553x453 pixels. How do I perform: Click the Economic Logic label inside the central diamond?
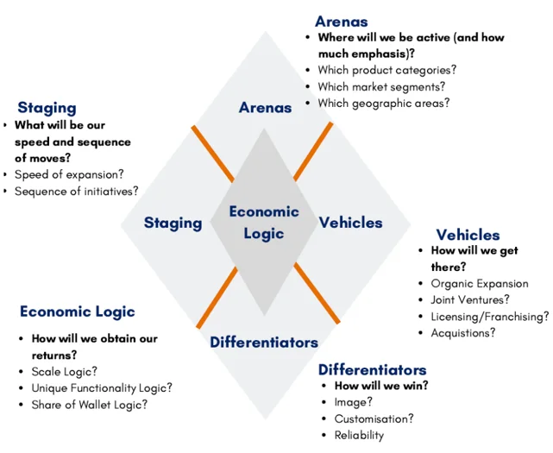(264, 223)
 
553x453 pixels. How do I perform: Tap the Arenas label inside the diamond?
(265, 108)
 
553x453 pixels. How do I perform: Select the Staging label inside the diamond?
(173, 223)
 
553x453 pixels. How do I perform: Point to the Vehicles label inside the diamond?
(350, 223)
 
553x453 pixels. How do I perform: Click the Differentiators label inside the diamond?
(264, 343)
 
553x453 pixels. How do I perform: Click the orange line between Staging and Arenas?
(213, 154)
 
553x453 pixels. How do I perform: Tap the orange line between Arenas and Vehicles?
(313, 151)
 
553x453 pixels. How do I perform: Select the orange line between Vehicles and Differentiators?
(317, 293)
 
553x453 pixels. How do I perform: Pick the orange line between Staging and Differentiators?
(217, 298)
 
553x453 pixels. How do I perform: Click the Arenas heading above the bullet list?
(342, 22)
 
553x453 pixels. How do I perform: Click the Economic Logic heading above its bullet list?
(78, 311)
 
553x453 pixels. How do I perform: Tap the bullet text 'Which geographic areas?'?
(384, 103)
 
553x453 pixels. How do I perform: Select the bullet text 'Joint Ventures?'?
(470, 300)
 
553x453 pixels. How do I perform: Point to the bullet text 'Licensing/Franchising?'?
(490, 317)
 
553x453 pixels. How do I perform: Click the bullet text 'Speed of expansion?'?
(69, 174)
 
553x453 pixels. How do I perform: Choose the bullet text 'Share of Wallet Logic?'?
(90, 405)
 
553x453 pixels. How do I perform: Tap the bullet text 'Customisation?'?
(374, 418)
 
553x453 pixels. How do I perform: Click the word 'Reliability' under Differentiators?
(359, 436)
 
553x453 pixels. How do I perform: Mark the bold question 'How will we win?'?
(381, 386)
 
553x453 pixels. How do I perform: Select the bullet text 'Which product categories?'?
(386, 70)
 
